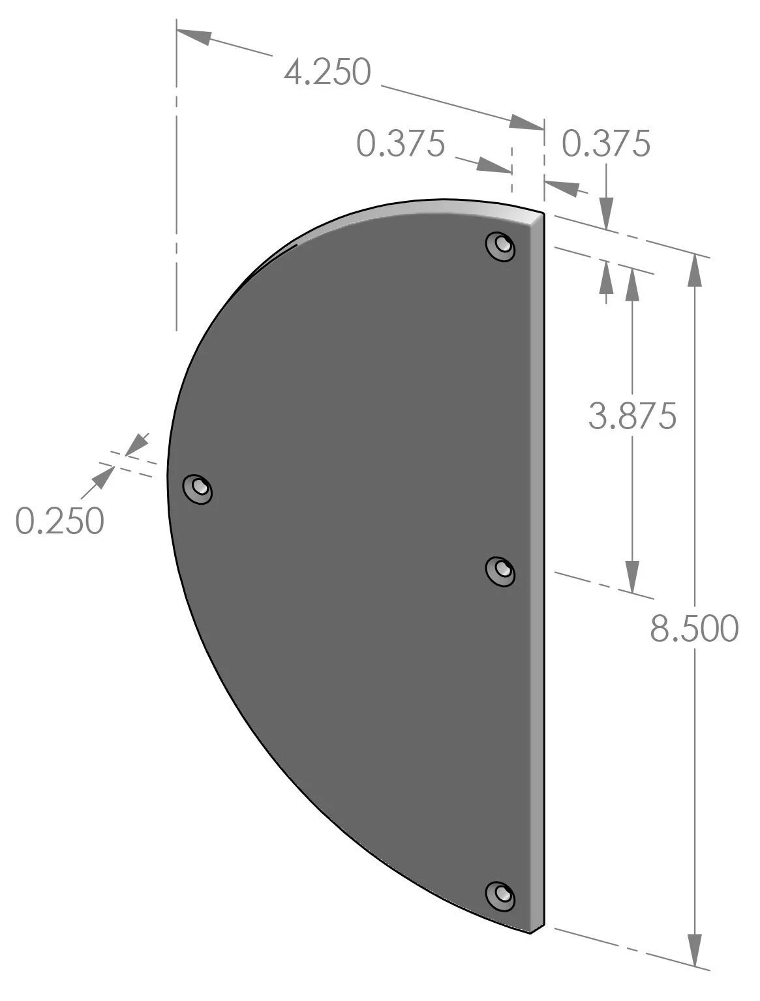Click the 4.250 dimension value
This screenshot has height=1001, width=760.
[x=327, y=72]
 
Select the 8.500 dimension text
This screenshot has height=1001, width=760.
[x=694, y=629]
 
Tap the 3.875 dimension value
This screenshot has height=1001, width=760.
[x=631, y=415]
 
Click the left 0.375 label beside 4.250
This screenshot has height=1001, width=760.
[x=401, y=143]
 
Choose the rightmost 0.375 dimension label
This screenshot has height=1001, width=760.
[x=606, y=143]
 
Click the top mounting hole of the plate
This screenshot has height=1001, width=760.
[x=501, y=246]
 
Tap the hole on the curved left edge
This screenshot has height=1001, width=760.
[x=198, y=488]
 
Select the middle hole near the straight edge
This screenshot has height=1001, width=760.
[x=501, y=571]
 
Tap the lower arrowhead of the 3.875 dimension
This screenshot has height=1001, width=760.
[x=631, y=576]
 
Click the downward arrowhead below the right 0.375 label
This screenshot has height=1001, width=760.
[x=606, y=213]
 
